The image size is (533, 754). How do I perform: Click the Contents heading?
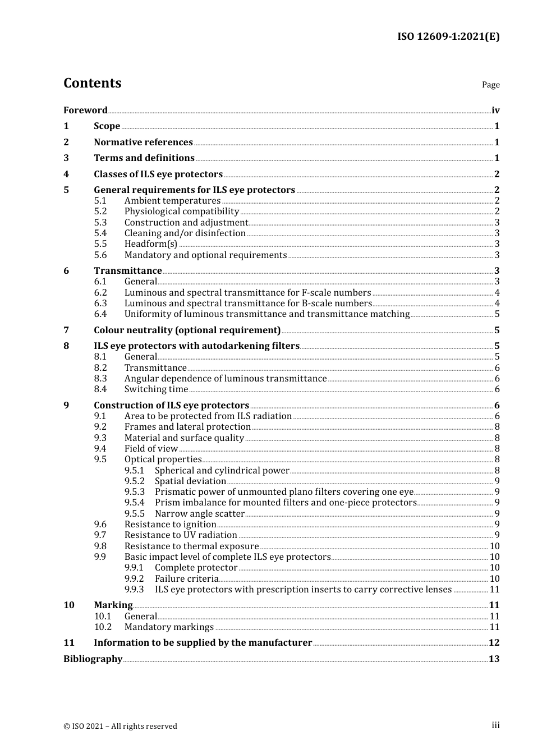pyautogui.click(x=92, y=83)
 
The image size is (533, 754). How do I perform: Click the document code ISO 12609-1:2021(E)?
pyautogui.click(x=448, y=36)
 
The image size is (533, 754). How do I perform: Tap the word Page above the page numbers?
pyautogui.click(x=490, y=85)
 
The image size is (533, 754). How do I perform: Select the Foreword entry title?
pyautogui.click(x=85, y=111)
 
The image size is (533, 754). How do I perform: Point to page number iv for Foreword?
pyautogui.click(x=495, y=111)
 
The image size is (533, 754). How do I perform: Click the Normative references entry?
pyautogui.click(x=143, y=142)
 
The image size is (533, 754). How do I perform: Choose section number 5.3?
pyautogui.click(x=100, y=223)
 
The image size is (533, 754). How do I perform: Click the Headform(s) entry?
pyautogui.click(x=150, y=244)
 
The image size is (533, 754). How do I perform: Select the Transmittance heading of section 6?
pyautogui.click(x=128, y=271)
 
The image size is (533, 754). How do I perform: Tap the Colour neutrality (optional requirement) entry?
pyautogui.click(x=187, y=330)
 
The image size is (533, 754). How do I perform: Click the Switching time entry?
pyautogui.click(x=156, y=389)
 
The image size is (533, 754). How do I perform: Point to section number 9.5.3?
pyautogui.click(x=135, y=492)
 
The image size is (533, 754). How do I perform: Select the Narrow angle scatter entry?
pyautogui.click(x=200, y=514)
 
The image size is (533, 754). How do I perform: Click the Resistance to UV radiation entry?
pyautogui.click(x=181, y=535)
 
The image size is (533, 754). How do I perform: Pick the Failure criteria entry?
pyautogui.click(x=186, y=579)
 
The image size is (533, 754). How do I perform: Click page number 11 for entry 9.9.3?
pyautogui.click(x=494, y=590)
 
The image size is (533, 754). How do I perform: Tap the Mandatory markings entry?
pyautogui.click(x=169, y=627)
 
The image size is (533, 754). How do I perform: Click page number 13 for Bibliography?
pyautogui.click(x=494, y=659)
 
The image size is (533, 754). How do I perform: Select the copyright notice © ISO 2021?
pyautogui.click(x=120, y=727)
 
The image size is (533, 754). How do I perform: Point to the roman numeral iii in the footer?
pyautogui.click(x=495, y=725)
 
